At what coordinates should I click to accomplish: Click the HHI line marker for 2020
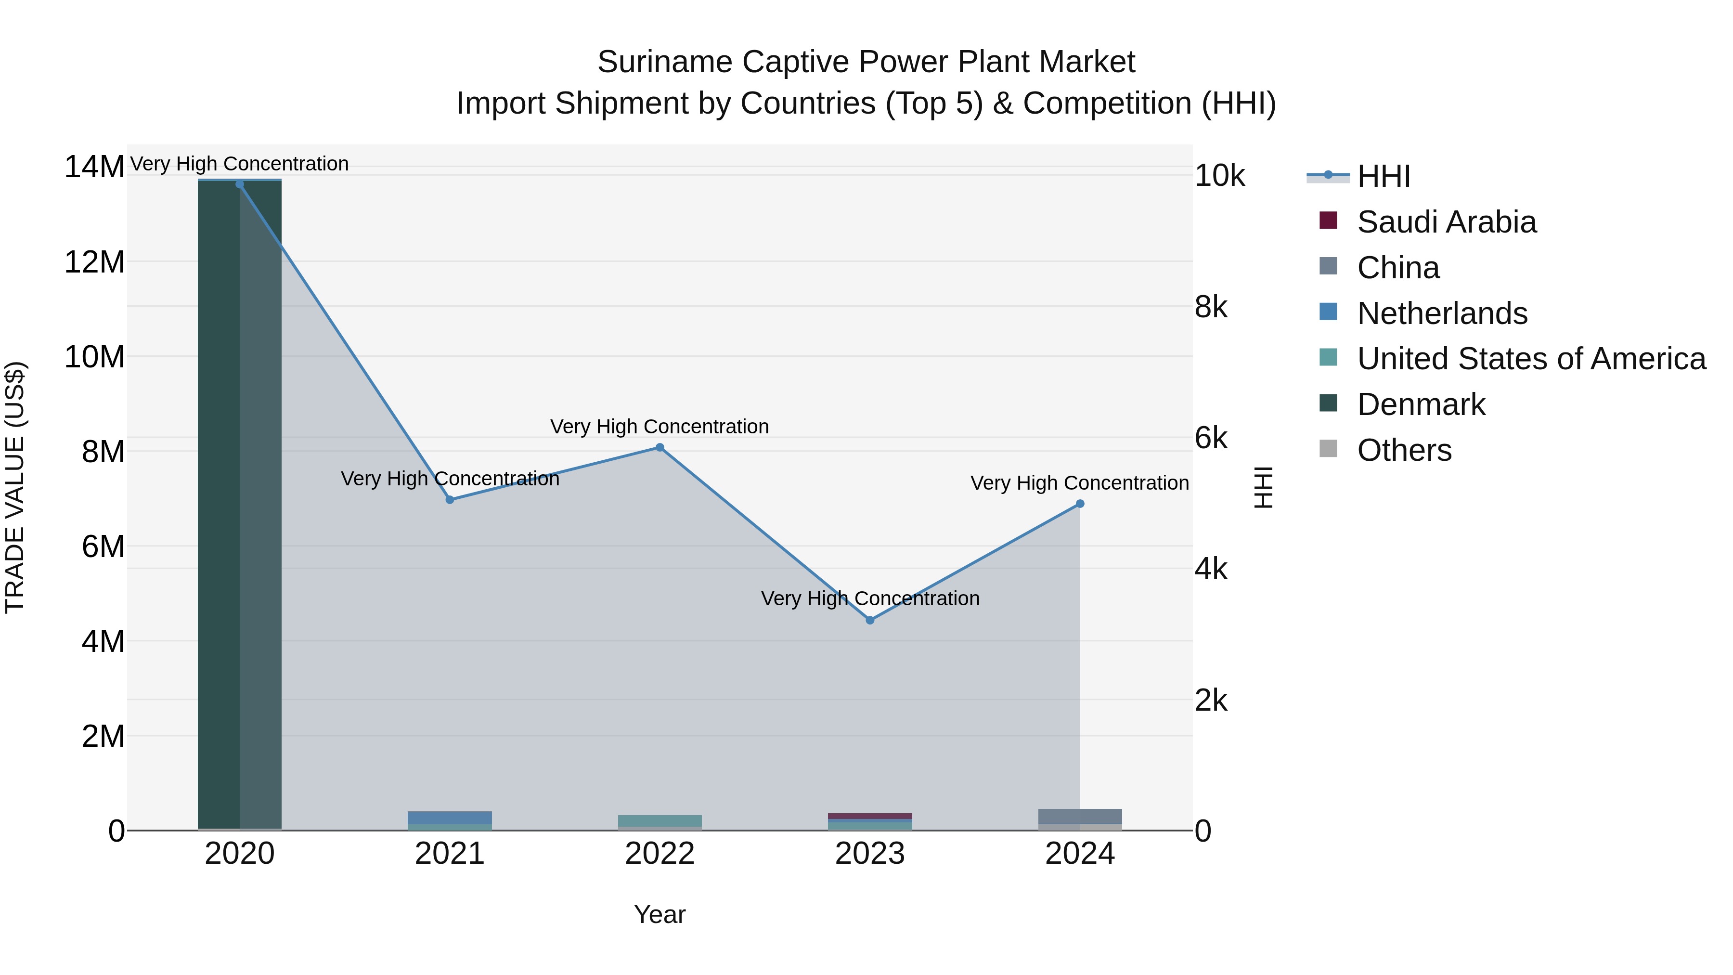tap(240, 184)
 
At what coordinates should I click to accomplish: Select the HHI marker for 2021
tap(450, 500)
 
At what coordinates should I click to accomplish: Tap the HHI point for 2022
tap(660, 447)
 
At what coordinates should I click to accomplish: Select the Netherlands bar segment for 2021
tap(450, 818)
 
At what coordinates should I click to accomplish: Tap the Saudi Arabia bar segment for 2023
tap(870, 816)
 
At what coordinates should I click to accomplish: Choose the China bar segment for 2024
tap(1080, 816)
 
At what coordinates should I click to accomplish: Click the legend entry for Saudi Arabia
tap(1447, 222)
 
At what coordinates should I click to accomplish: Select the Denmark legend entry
tap(1421, 404)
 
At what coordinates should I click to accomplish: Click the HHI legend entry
tap(1383, 176)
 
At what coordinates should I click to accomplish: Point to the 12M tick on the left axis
tap(94, 262)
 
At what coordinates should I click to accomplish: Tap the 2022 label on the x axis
tap(660, 854)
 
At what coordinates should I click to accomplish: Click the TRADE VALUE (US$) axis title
tap(15, 487)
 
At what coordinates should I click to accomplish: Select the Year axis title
tap(660, 914)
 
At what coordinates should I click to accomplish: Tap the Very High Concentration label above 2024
tap(1079, 483)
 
